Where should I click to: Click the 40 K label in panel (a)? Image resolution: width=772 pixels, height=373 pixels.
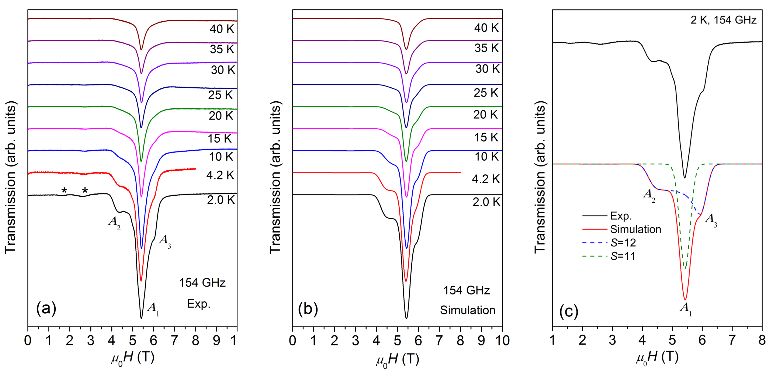[x=222, y=29]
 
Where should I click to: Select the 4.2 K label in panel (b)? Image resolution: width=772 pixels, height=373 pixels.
[x=486, y=179]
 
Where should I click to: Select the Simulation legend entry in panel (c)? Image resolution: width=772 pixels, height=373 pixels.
[x=635, y=229]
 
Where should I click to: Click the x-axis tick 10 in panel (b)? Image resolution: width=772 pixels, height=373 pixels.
[x=502, y=341]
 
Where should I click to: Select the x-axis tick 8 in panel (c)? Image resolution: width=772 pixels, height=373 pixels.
[x=762, y=340]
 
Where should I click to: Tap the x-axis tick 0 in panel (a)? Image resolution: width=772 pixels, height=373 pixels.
[x=28, y=341]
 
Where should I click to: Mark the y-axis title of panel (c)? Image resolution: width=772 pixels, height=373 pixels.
[x=540, y=177]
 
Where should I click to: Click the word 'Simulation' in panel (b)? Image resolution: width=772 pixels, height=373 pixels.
[x=467, y=310]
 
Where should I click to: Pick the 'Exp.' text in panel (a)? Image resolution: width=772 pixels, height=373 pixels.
[x=199, y=304]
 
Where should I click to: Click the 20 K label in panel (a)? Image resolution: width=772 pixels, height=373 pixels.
[x=221, y=116]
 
